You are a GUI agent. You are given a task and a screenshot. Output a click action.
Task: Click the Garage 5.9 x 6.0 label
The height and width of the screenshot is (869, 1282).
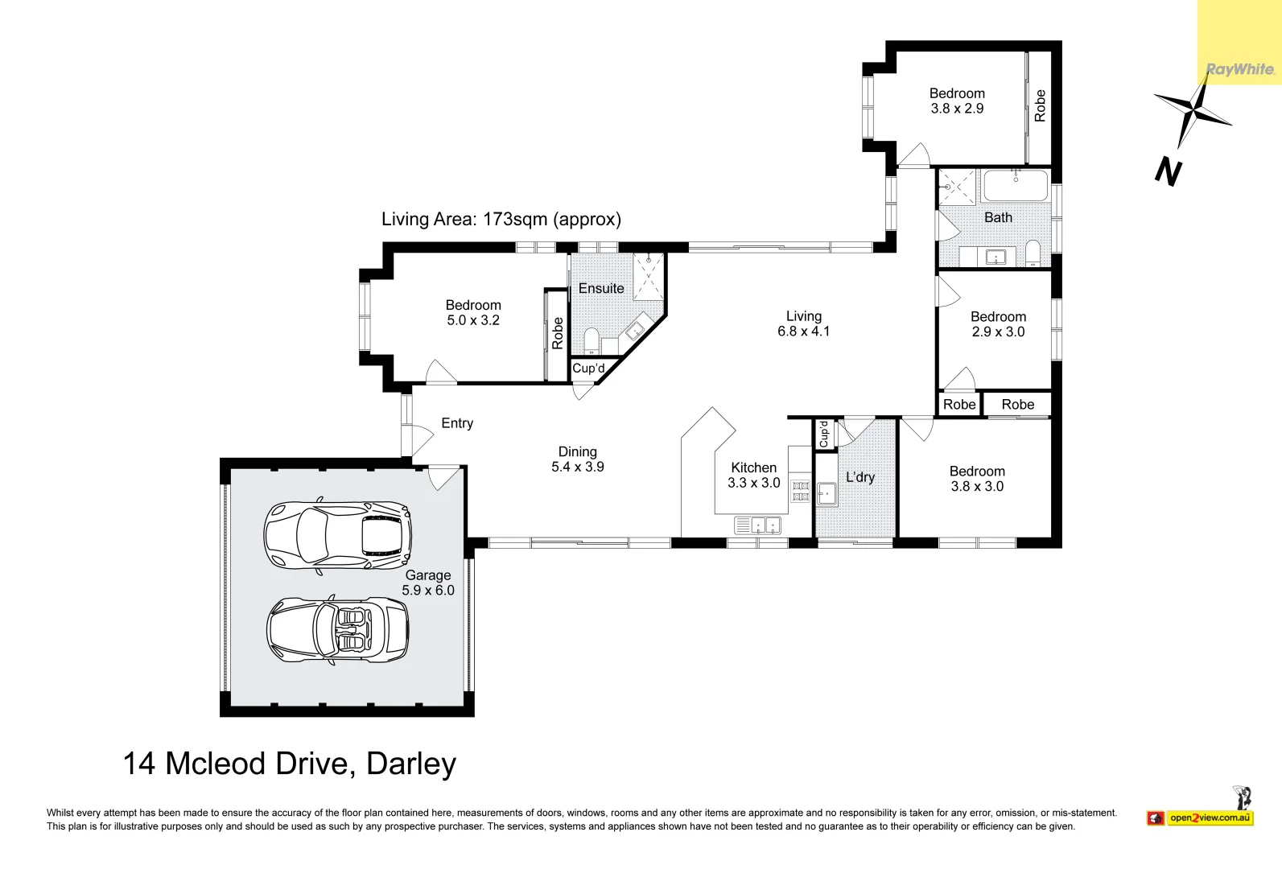(x=428, y=583)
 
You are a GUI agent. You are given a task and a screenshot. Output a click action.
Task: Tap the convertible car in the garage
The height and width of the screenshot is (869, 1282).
(x=337, y=629)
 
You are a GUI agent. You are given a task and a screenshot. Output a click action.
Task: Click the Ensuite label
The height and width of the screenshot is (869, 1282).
(x=601, y=288)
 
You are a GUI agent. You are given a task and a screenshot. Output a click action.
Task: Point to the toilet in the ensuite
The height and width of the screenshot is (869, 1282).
(x=592, y=340)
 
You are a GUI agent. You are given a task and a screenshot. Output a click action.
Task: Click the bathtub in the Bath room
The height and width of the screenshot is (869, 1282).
(x=1016, y=185)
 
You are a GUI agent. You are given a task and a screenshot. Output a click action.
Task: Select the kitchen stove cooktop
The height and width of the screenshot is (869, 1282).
(x=800, y=491)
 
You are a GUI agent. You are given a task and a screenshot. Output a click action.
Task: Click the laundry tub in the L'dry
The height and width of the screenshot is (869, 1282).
(x=826, y=493)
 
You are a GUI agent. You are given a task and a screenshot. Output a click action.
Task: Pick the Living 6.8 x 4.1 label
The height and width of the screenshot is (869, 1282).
(x=803, y=323)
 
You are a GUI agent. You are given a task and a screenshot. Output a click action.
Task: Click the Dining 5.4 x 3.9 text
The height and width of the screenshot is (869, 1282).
(x=577, y=459)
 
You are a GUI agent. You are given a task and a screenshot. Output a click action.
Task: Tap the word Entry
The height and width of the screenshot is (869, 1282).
(x=457, y=423)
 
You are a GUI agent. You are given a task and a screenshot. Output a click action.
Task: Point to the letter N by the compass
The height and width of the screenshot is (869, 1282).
(x=1168, y=171)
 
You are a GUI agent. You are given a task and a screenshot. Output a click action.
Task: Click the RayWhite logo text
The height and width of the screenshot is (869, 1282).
(x=1239, y=69)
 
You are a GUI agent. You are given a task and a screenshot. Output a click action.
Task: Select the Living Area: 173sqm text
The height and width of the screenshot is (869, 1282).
(x=501, y=219)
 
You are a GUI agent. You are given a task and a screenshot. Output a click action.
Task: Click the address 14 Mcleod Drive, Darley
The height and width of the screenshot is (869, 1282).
(x=290, y=764)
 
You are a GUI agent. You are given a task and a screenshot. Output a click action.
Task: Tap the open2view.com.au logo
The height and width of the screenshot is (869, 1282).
(x=1210, y=818)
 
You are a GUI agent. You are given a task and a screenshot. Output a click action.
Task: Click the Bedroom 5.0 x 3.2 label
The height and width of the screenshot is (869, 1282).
(x=473, y=312)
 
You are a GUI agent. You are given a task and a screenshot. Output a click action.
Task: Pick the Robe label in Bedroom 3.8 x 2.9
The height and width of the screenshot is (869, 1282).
(x=1040, y=105)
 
